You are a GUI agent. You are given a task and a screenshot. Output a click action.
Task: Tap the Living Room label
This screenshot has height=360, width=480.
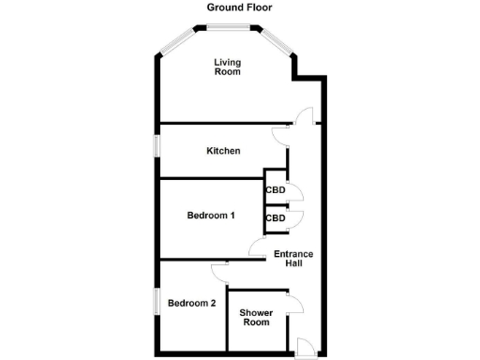tap(227, 67)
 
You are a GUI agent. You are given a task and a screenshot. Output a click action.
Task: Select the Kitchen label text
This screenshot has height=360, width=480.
tap(224, 151)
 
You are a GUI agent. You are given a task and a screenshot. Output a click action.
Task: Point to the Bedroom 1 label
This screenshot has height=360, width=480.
tap(210, 216)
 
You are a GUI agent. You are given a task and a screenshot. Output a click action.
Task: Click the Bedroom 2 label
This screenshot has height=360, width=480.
tap(192, 303)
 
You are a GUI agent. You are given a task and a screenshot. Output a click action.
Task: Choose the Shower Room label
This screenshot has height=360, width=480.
tap(255, 317)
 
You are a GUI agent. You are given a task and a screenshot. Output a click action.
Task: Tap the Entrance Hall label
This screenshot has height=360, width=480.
tap(293, 258)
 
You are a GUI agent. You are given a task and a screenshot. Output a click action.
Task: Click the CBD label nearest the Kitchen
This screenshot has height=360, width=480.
tap(275, 189)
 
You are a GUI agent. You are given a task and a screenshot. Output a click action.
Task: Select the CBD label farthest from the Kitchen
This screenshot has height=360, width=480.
tap(275, 218)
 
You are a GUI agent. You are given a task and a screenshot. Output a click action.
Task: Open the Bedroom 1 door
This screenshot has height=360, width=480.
tap(257, 247)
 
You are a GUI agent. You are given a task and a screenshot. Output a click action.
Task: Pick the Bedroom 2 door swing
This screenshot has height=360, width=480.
tap(220, 271)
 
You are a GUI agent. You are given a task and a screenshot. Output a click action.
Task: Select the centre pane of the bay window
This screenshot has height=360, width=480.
tap(228, 29)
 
